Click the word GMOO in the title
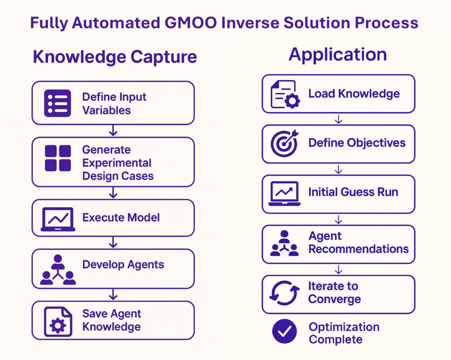tap(191, 23)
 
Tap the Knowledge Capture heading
tap(115, 57)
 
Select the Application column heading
tap(338, 55)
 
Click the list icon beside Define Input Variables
tap(58, 103)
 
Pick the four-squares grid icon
tap(58, 158)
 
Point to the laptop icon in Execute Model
tap(58, 219)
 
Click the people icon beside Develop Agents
tap(58, 270)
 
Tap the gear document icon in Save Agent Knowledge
tap(58, 321)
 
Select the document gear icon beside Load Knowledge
tap(285, 94)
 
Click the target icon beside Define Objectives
tap(285, 143)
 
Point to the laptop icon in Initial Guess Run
tap(285, 193)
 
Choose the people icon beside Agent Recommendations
tap(285, 244)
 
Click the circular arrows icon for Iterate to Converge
tap(285, 293)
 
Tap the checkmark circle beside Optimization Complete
tap(285, 331)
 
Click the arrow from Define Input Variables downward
tap(113, 130)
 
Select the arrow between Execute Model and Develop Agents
tap(113, 242)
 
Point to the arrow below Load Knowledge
tap(339, 119)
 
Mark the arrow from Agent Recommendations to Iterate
tap(339, 269)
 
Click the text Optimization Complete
tap(344, 333)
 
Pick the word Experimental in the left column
tap(117, 163)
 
